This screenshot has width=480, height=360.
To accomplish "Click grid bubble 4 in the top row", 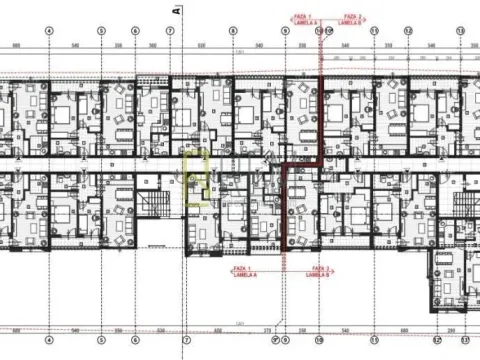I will click(49, 30).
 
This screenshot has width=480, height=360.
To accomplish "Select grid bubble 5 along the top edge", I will click(101, 30).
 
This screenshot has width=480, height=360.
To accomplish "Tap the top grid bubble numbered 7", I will click(170, 30).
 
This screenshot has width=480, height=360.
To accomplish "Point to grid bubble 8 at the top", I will click(231, 30).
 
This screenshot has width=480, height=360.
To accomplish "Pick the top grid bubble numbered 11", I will click(373, 30).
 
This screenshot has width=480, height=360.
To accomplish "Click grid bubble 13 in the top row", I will click(460, 30).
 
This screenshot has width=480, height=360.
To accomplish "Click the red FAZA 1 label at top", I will click(303, 16).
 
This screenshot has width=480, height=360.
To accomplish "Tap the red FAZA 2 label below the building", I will click(320, 268).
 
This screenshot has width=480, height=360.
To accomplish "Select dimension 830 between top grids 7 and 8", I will click(200, 45).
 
